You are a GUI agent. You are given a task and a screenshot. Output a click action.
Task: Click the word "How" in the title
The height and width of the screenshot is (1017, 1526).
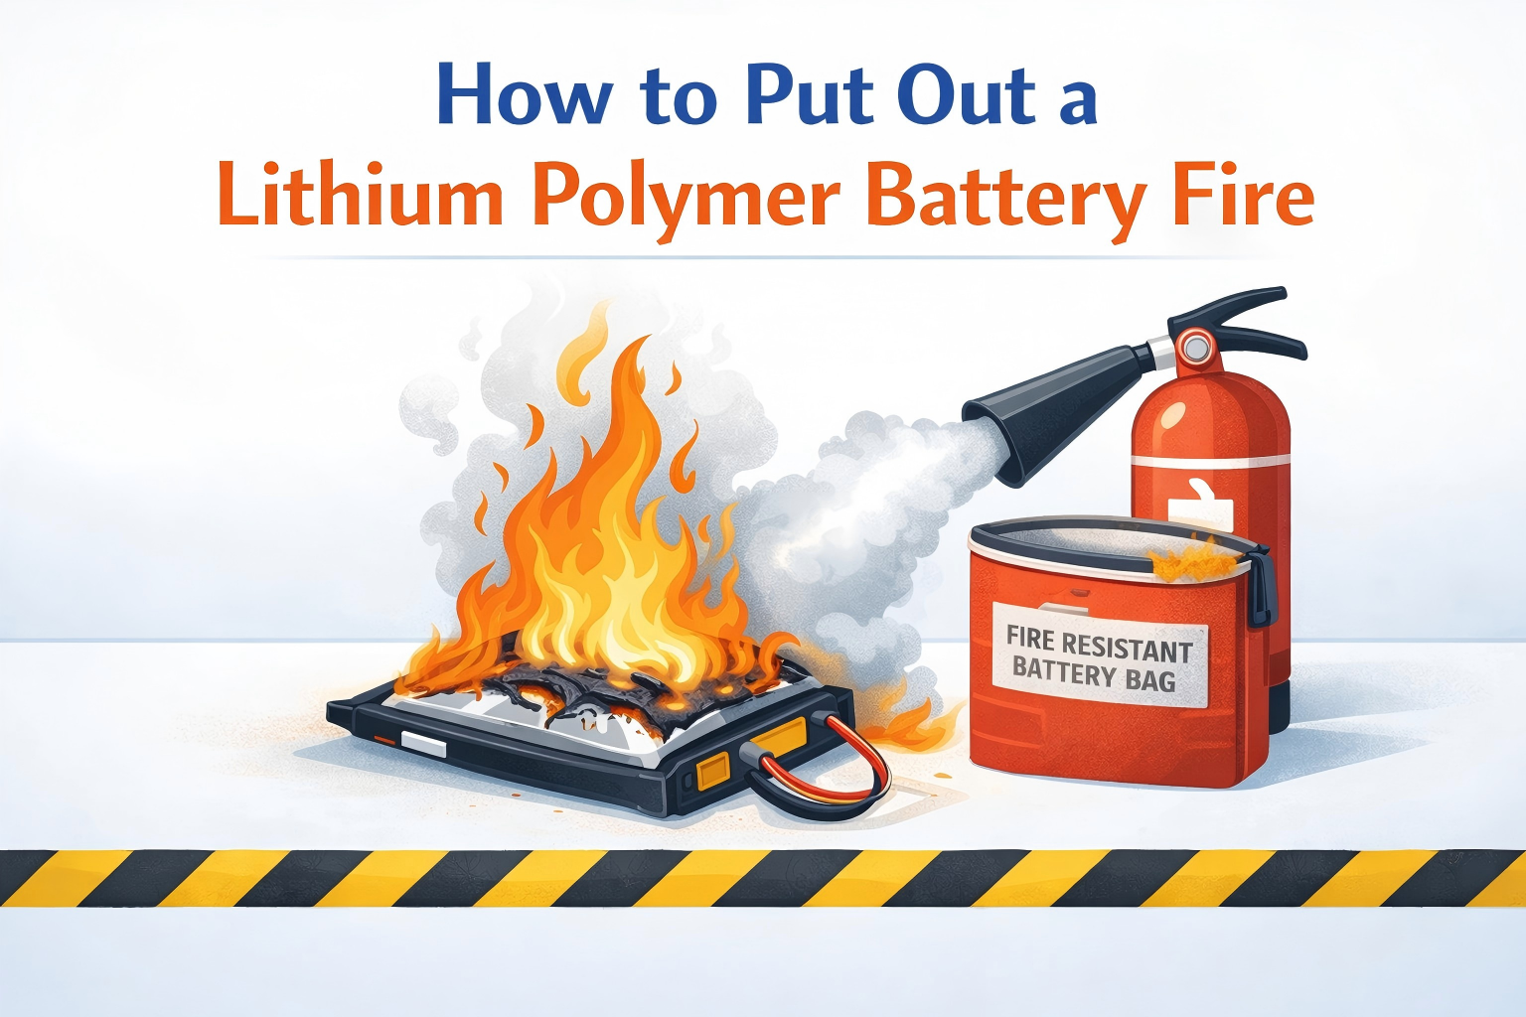point(524,95)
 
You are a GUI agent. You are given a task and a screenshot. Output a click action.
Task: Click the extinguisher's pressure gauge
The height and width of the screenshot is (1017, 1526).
point(1195,347)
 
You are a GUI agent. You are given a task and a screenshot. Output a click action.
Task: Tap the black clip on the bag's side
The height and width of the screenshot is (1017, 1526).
point(1261,586)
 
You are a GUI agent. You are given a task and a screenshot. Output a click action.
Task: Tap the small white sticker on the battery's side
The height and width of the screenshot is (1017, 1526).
point(417,740)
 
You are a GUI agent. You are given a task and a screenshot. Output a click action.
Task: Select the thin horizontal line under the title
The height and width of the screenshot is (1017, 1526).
point(763,258)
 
